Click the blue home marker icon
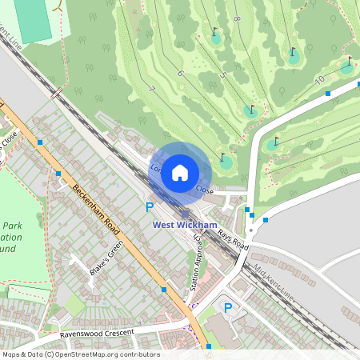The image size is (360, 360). (180, 172)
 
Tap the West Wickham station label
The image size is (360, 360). (185, 226)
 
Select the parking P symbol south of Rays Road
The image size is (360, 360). (227, 308)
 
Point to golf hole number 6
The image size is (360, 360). (180, 74)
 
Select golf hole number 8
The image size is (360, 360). (237, 18)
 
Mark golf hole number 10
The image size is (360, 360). (319, 79)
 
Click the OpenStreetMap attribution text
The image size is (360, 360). (80, 354)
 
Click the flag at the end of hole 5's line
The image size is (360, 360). (253, 106)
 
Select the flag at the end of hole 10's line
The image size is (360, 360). (350, 60)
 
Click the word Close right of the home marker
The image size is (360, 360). (204, 190)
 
